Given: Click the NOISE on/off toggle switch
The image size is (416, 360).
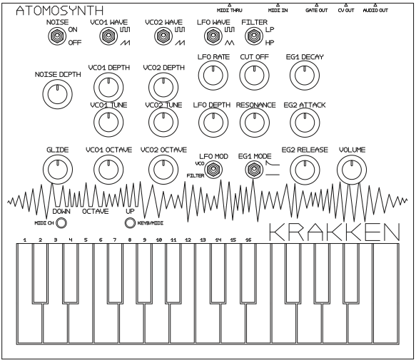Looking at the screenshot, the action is pos(57,36).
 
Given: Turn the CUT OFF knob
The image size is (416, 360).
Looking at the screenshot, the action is pos(255,76).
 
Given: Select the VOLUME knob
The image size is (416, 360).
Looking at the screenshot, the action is pos(352,170).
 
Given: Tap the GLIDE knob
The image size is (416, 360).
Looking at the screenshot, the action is pos(58,170).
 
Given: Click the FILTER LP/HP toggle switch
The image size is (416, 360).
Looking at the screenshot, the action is pos(254,36).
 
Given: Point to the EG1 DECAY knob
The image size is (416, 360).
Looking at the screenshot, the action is pos(305,76).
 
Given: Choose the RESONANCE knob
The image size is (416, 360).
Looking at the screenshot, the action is pos(255,123).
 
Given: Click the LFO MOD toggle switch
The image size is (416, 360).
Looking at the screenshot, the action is pos(213,170).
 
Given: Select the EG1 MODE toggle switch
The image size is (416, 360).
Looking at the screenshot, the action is pos(255,170).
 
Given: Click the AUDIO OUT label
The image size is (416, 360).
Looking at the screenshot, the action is pos(375,11).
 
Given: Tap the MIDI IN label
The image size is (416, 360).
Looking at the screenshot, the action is pos(278,11).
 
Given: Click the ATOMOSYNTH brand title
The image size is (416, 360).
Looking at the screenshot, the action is pos(60,11).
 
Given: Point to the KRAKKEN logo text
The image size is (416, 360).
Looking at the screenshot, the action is pos(334,232).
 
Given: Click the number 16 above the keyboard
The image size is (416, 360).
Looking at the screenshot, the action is pos(248,240).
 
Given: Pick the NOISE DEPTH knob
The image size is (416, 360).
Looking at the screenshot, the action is pos(58,94).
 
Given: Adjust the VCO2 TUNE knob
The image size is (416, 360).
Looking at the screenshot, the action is pos(163,123).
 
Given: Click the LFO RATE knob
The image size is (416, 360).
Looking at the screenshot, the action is pos(213,76).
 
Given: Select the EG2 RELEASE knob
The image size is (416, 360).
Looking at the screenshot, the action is pos(305,170).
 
